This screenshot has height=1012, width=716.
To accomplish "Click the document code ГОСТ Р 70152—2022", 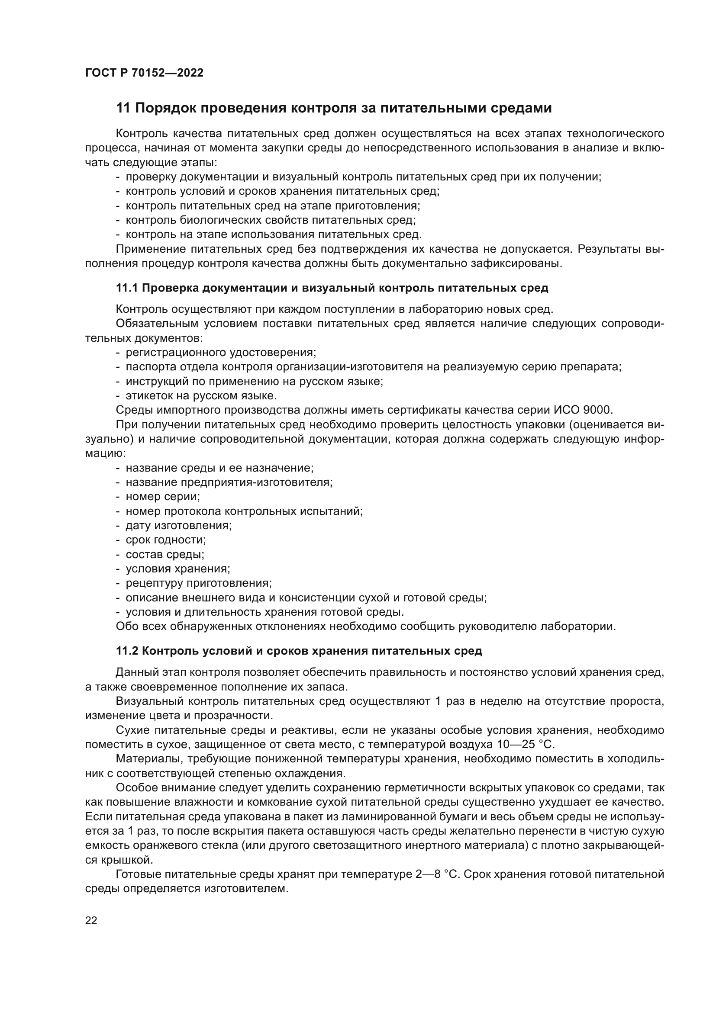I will point(144,73).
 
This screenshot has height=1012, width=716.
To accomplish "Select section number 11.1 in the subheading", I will point(127,288).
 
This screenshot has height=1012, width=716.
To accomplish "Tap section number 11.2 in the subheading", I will point(127,651).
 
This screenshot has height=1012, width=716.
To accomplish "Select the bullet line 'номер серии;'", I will point(163,497).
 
